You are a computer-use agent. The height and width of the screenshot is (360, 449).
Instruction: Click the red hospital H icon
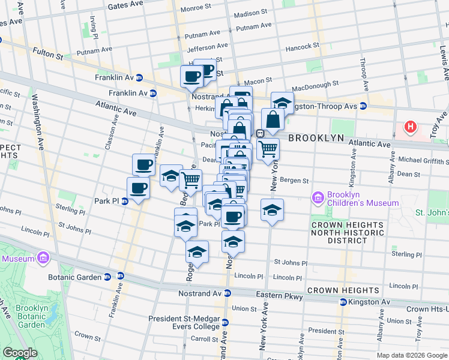click(x=411, y=127)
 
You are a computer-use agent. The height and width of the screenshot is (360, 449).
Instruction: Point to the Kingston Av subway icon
click(x=343, y=302)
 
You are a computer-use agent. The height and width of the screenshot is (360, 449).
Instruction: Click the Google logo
click(x=20, y=353)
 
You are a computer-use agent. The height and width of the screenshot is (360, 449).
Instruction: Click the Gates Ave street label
click(x=125, y=6)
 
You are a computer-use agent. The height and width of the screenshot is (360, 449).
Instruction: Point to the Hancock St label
click(x=302, y=47)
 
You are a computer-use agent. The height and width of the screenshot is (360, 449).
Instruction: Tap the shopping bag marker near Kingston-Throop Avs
click(x=273, y=120)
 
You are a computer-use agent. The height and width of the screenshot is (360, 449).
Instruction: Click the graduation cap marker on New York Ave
click(x=272, y=211)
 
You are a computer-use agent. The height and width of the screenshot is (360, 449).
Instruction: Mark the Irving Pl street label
click(x=94, y=25)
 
